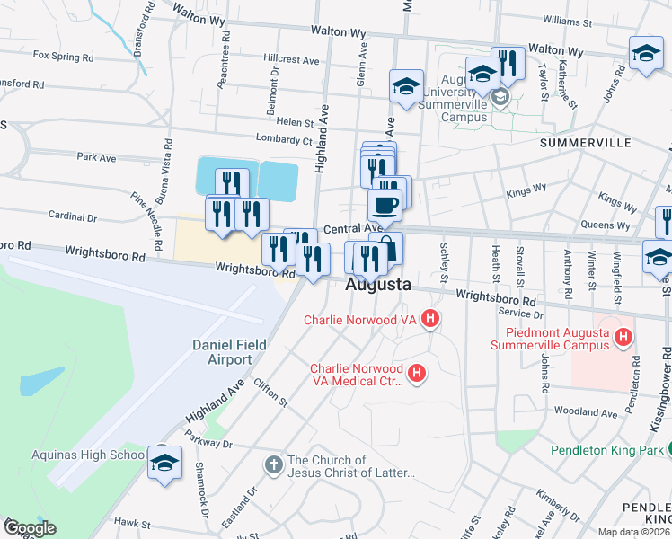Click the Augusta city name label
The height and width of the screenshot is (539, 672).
[x=378, y=285]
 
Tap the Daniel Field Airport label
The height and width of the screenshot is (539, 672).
[x=222, y=352]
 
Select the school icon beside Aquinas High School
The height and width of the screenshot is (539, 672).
[x=165, y=463]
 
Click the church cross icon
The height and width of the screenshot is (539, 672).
[x=273, y=464]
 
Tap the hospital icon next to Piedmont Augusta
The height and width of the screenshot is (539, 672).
[x=625, y=339]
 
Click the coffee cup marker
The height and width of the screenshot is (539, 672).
[x=385, y=205]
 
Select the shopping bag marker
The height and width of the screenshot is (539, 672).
[x=387, y=247]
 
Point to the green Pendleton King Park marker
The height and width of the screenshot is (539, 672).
[x=656, y=450]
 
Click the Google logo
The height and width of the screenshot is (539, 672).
[x=30, y=527]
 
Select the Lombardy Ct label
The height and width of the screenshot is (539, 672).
[x=283, y=141]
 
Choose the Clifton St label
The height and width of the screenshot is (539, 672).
[x=270, y=391]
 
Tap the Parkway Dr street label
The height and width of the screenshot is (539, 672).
[x=208, y=443]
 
